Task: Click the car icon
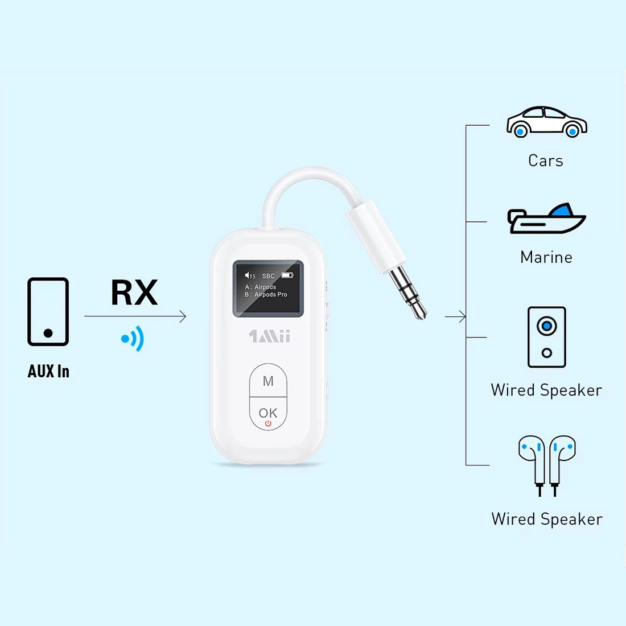pyautogui.click(x=546, y=122)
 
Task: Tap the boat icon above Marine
pyautogui.click(x=546, y=219)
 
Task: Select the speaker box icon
pyautogui.click(x=546, y=337)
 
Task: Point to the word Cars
pyautogui.click(x=546, y=161)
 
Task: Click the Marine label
pyautogui.click(x=546, y=257)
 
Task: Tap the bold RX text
pyautogui.click(x=134, y=293)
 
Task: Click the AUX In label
pyautogui.click(x=48, y=372)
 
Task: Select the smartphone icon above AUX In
pyautogui.click(x=48, y=311)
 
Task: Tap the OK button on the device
pyautogui.click(x=268, y=413)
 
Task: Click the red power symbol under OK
pyautogui.click(x=268, y=424)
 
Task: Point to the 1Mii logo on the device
pyautogui.click(x=269, y=336)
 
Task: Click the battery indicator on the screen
pyautogui.click(x=287, y=275)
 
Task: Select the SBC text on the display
pyautogui.click(x=268, y=276)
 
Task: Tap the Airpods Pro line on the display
pyautogui.click(x=266, y=295)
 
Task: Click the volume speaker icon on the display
pyautogui.click(x=248, y=275)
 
